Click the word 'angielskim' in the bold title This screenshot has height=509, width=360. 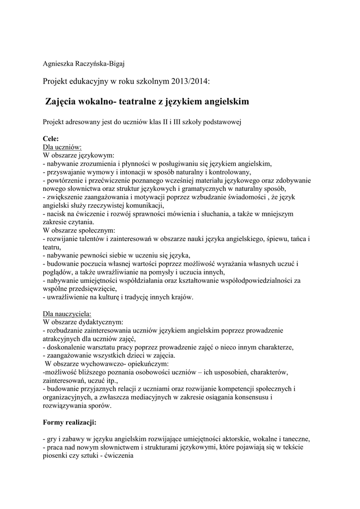click(x=224, y=101)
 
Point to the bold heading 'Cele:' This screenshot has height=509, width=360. click(x=51, y=139)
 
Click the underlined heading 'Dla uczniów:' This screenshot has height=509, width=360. click(x=63, y=147)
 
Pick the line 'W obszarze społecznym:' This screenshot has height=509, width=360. click(x=80, y=231)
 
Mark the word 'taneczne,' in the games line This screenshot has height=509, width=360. click(x=296, y=439)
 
